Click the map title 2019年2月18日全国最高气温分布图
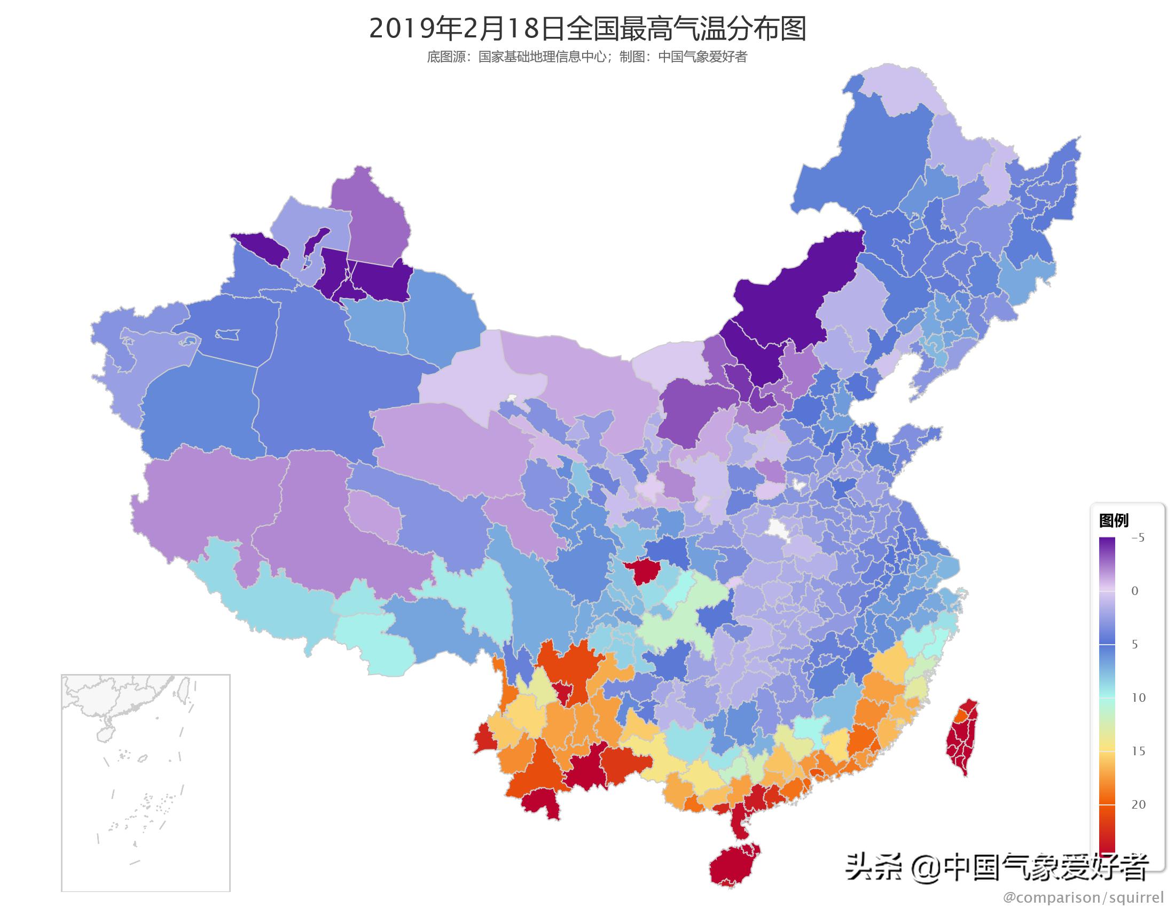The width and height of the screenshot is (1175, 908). pyautogui.click(x=587, y=29)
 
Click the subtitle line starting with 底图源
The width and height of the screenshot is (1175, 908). pyautogui.click(x=587, y=57)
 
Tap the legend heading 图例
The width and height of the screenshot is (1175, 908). pyautogui.click(x=1113, y=520)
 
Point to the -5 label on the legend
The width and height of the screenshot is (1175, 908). pyautogui.click(x=1137, y=538)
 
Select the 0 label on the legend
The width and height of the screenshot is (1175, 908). pyautogui.click(x=1134, y=591)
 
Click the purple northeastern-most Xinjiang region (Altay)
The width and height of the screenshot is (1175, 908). pyautogui.click(x=371, y=221)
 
